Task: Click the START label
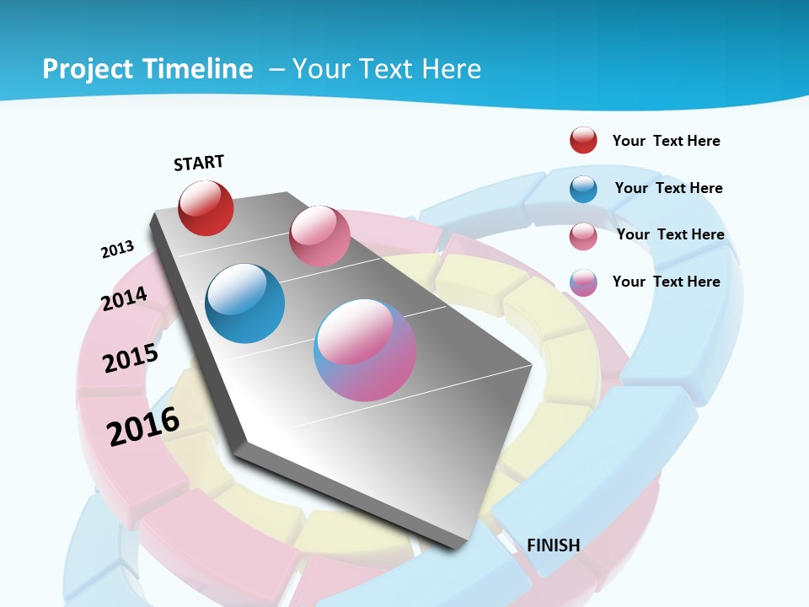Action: point(199,163)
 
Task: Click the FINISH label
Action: point(553,545)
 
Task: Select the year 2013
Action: point(117,250)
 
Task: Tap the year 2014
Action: point(124,298)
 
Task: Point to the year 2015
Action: point(131,358)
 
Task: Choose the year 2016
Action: point(143,427)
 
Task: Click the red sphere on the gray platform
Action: point(206,207)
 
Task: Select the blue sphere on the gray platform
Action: point(245,303)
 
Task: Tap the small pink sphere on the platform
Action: point(319,235)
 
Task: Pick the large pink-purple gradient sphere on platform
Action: point(365,350)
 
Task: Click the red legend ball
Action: point(583,140)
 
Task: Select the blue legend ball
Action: point(583,189)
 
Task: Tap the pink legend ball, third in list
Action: point(583,236)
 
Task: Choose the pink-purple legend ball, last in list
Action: point(583,282)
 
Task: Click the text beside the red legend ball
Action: point(666,141)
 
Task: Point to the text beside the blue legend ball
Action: point(668,188)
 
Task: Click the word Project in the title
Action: point(88,69)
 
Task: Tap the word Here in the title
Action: point(451,69)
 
